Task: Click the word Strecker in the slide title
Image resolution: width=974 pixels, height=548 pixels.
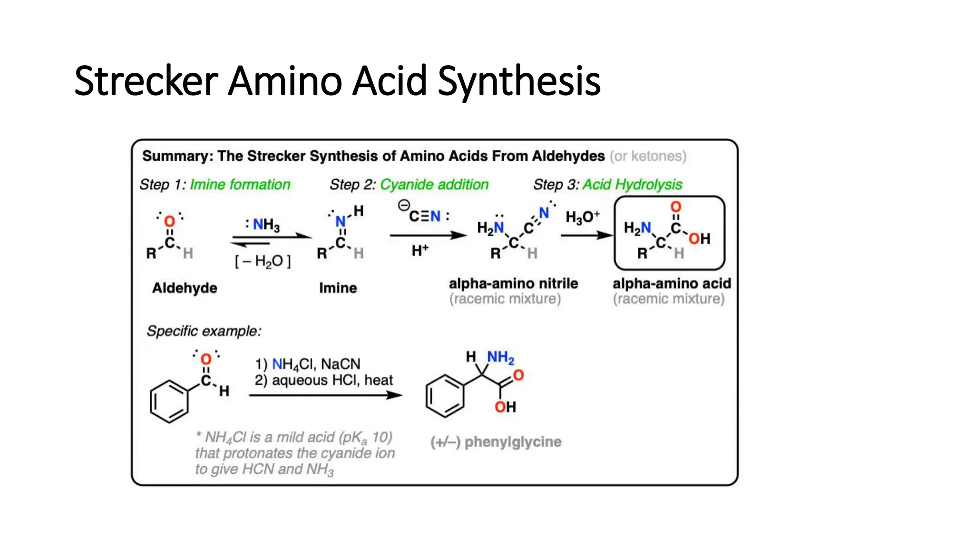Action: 146,81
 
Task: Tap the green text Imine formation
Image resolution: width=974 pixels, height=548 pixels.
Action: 240,185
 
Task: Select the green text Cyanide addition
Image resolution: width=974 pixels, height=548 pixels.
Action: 434,185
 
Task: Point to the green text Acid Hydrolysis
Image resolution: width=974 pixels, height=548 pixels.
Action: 632,185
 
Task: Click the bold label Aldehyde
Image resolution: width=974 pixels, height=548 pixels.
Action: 185,288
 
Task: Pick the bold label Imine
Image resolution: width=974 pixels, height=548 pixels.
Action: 338,288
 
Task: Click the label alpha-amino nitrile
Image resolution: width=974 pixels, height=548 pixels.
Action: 513,284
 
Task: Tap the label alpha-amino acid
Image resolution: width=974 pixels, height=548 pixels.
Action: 672,284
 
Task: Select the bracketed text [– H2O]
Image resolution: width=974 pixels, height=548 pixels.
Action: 263,261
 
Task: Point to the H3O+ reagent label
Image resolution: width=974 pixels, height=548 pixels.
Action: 582,217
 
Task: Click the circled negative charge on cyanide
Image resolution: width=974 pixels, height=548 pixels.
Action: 404,205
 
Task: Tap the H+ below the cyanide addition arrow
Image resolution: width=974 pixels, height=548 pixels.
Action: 420,250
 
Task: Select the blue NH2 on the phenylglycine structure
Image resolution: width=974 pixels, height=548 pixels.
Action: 500,357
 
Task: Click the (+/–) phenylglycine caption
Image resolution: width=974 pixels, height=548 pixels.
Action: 496,442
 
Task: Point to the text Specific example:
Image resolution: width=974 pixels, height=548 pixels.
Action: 204,331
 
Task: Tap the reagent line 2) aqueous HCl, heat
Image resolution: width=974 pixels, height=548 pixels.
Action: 323,380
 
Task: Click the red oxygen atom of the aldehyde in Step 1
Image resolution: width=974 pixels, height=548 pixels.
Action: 169,221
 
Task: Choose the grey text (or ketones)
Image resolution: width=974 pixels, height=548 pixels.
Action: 648,156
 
